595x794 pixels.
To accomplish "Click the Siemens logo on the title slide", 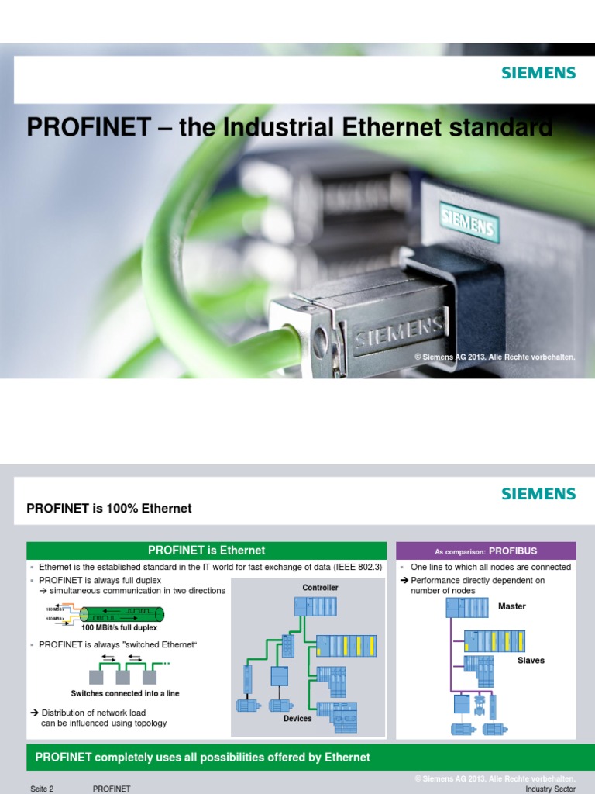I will [538, 73].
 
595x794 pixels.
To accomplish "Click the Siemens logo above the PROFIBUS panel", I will [538, 494].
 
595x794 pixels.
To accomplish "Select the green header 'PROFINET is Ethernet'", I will [206, 551].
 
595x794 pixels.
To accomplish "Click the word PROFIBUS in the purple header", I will [513, 551].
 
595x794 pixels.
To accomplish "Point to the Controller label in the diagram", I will [320, 588].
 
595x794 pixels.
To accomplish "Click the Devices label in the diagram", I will [297, 719].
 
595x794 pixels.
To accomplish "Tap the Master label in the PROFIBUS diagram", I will [511, 606].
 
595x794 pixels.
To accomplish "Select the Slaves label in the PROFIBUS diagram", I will [531, 661].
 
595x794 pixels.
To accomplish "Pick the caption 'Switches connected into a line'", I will [125, 693].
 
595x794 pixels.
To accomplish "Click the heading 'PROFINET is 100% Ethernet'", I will [109, 509].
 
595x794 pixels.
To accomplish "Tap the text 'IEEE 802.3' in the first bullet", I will [357, 567].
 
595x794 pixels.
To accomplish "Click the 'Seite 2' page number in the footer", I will [42, 789].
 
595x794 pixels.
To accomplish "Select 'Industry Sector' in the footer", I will [550, 789].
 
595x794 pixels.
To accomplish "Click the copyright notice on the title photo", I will [495, 357].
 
